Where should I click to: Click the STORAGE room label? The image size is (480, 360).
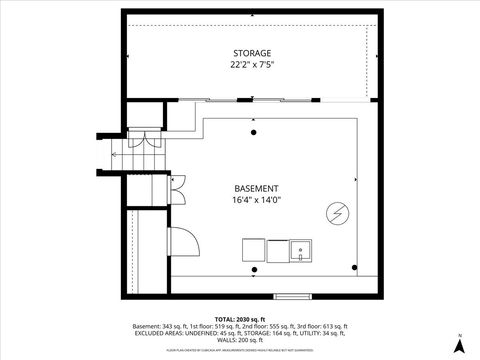coord(252,52)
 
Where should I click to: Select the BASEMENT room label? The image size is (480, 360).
coord(256,188)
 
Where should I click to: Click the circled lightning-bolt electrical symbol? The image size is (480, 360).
coord(338,212)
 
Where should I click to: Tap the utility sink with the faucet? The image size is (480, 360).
coord(299,250)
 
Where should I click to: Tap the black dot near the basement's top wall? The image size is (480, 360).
coord(253,131)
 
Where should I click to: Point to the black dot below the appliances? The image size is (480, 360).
coord(254,269)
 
